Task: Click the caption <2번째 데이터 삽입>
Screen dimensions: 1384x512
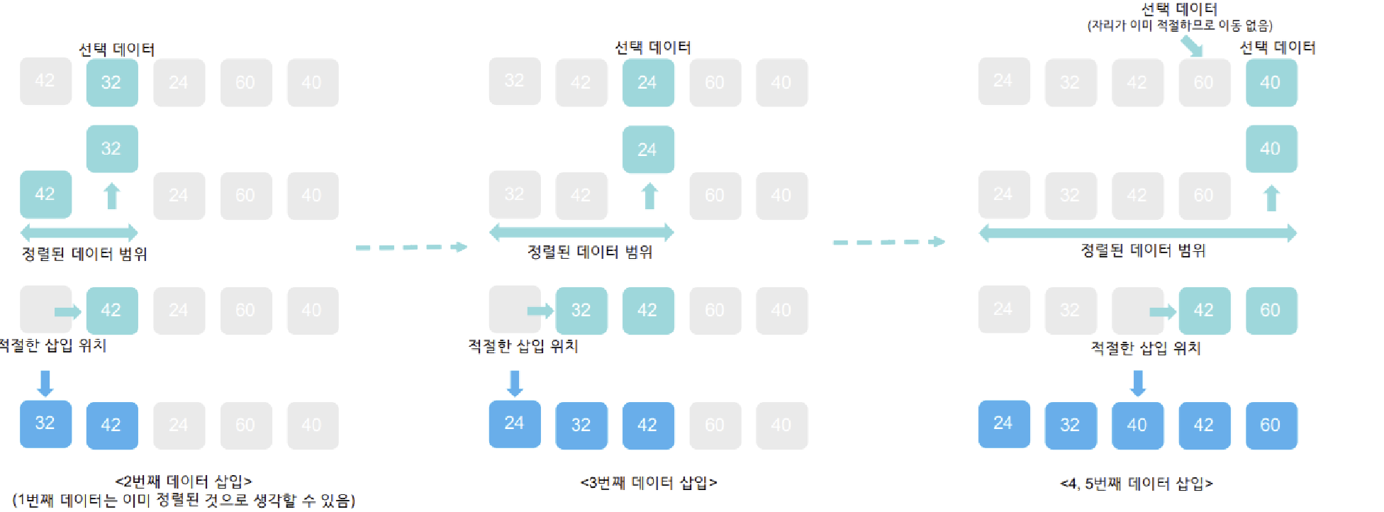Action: [x=183, y=482]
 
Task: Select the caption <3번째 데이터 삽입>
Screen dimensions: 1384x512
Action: [x=649, y=483]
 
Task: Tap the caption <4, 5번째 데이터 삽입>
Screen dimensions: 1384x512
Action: [x=1137, y=484]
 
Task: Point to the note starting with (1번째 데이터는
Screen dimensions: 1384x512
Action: [x=184, y=501]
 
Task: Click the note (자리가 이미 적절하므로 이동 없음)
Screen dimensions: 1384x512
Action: [x=1180, y=26]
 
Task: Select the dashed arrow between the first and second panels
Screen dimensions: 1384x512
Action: [x=411, y=247]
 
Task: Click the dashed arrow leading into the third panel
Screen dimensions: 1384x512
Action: [x=888, y=243]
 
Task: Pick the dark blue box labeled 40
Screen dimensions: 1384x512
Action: [x=1137, y=425]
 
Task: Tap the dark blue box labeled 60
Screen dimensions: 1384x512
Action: [x=1271, y=425]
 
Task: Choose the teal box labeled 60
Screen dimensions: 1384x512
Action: [x=1271, y=311]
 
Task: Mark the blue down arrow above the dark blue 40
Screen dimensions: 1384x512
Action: [x=1138, y=383]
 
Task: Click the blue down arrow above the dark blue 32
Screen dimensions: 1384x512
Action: [x=45, y=383]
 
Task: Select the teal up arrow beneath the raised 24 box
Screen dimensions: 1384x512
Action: [x=649, y=196]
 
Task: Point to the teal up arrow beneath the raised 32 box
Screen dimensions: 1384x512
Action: [x=112, y=196]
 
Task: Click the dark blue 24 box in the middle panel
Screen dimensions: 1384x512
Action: [x=515, y=424]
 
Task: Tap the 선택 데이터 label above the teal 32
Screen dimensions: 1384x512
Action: [x=116, y=49]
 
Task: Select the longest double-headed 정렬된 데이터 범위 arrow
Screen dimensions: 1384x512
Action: [x=1137, y=233]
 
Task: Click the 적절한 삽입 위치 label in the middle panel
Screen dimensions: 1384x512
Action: [x=523, y=346]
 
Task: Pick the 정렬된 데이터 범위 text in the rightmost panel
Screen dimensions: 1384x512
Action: [x=1143, y=250]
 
